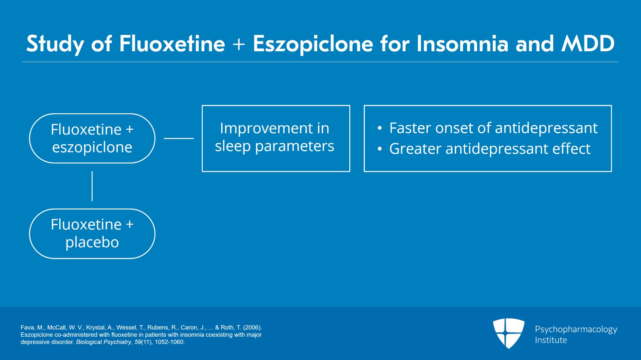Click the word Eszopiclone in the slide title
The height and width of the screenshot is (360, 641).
click(x=313, y=44)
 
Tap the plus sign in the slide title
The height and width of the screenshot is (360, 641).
click(x=239, y=44)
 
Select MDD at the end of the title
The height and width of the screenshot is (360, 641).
click(x=588, y=44)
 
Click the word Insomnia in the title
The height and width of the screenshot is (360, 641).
click(x=463, y=44)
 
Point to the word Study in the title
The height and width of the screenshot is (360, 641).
click(x=55, y=44)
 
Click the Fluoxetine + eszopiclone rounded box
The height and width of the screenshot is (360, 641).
click(x=92, y=139)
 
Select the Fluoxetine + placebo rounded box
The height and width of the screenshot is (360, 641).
click(x=92, y=234)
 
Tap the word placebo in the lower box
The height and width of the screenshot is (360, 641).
click(x=92, y=242)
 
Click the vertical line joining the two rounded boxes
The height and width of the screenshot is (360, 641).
click(x=92, y=186)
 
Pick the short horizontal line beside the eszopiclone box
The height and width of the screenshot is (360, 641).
click(x=179, y=139)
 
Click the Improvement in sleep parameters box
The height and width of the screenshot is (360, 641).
click(x=276, y=138)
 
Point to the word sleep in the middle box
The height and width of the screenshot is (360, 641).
click(x=233, y=147)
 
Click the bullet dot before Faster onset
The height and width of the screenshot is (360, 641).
click(x=379, y=129)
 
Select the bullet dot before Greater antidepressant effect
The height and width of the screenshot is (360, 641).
click(x=379, y=149)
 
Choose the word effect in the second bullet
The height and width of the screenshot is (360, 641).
click(x=571, y=149)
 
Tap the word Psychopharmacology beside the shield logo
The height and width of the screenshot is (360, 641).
click(x=576, y=329)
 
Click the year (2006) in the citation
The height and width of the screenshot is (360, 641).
click(x=252, y=328)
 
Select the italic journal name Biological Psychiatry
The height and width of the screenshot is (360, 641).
click(x=104, y=342)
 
